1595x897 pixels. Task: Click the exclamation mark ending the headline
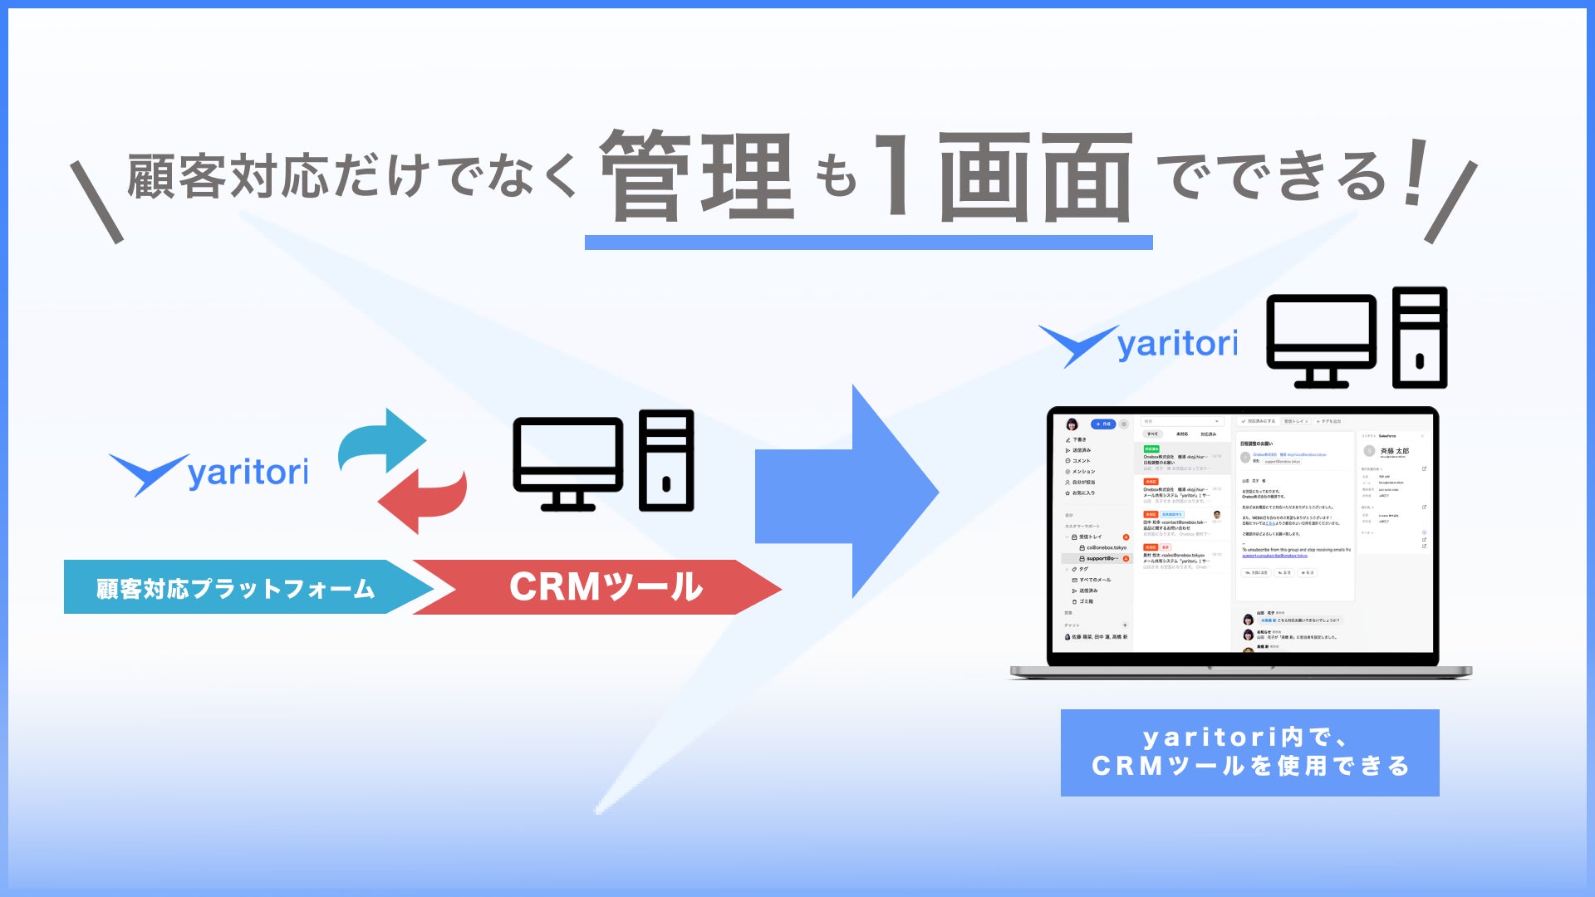(1415, 172)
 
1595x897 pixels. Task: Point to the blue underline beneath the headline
(868, 243)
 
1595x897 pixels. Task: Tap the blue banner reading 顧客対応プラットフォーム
(237, 588)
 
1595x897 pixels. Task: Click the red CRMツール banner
(605, 587)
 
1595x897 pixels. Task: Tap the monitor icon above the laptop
(1321, 341)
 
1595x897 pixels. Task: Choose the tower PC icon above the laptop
(1420, 338)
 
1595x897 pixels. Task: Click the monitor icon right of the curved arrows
(568, 463)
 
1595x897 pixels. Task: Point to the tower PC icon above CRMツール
(666, 460)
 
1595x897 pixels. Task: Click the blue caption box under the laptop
(1249, 752)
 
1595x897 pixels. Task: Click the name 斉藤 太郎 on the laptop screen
(1395, 451)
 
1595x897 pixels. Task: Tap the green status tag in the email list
(1151, 449)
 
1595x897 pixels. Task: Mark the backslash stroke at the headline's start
(96, 203)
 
